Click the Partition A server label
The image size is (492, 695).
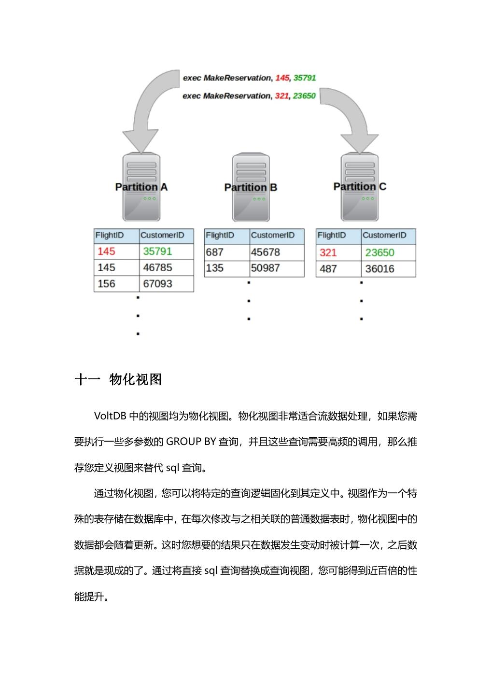141,187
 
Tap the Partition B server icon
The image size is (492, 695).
251,188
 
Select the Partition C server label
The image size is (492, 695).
360,186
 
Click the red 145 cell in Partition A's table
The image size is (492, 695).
106,251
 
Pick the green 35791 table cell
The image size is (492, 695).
157,251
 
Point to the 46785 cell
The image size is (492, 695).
157,267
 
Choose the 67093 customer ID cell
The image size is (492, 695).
157,284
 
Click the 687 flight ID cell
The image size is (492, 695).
214,252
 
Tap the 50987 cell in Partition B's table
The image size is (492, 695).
265,268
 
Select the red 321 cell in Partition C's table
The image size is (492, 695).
328,253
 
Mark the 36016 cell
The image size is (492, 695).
380,269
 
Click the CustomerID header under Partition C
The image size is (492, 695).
384,236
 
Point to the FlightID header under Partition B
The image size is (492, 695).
220,236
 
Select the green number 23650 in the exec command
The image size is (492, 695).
304,96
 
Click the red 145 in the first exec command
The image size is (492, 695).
282,78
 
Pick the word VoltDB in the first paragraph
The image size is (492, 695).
110,416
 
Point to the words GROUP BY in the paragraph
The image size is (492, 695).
191,442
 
